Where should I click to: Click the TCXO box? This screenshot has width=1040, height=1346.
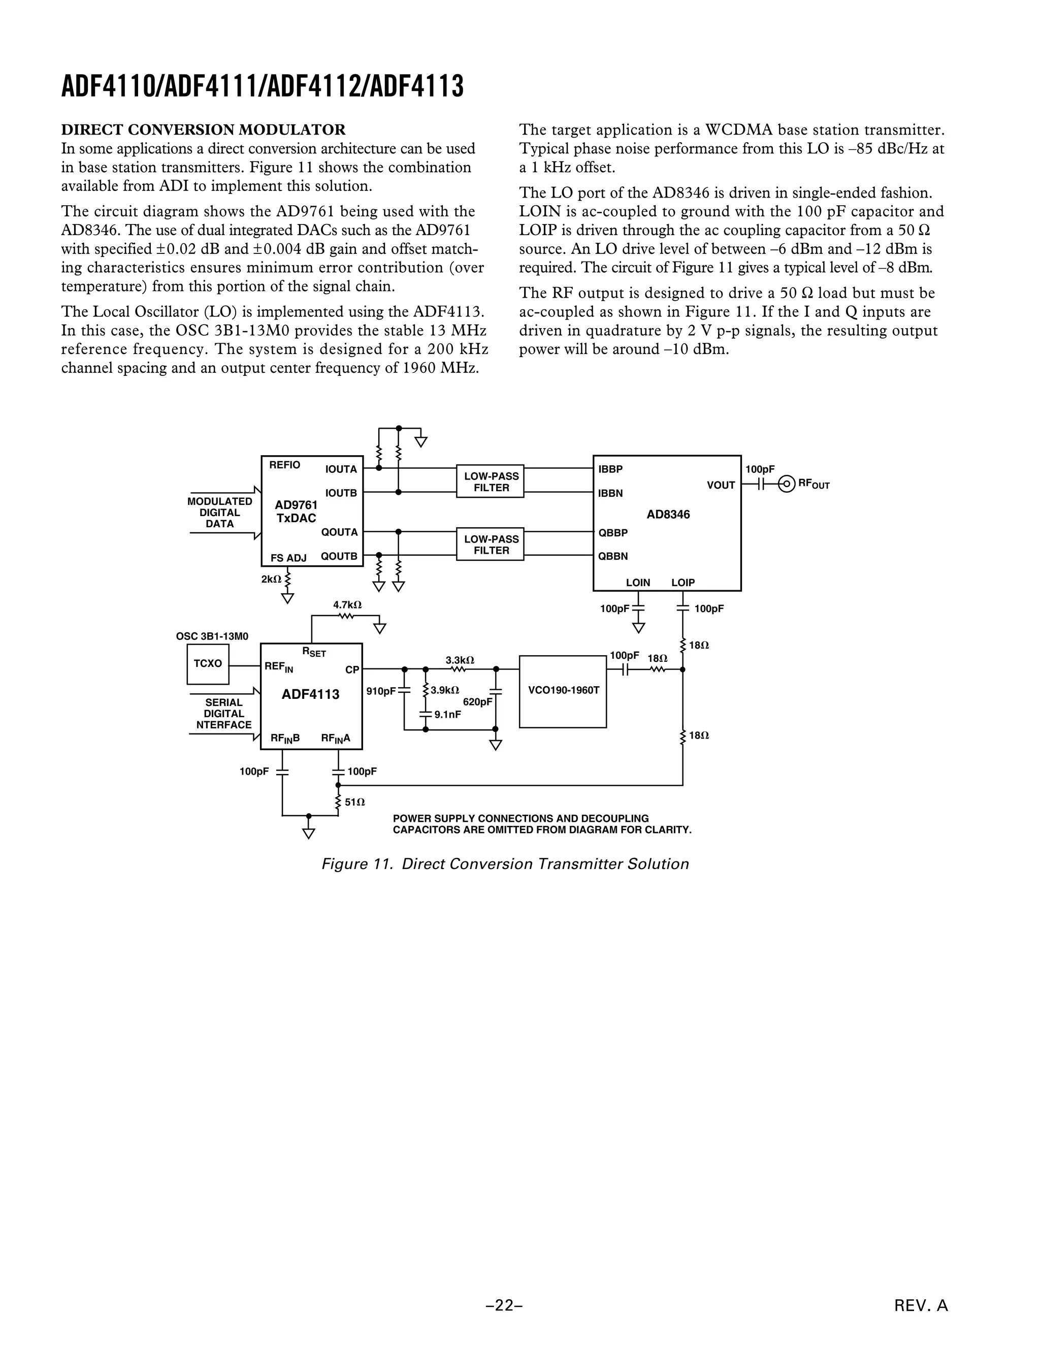tap(208, 664)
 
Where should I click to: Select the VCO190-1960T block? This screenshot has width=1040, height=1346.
tap(563, 691)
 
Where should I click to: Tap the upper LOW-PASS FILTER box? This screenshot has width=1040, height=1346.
tap(491, 482)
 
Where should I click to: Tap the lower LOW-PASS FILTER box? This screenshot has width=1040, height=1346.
tap(491, 544)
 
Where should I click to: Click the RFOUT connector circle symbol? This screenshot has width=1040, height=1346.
tap(786, 485)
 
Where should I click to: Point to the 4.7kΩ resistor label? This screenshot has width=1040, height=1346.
tap(347, 605)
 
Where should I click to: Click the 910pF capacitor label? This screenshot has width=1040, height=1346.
tap(381, 691)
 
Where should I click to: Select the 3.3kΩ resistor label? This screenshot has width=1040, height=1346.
tap(460, 661)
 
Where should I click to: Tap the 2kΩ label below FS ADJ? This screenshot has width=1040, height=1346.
tap(271, 580)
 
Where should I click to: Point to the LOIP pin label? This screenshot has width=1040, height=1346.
tap(682, 583)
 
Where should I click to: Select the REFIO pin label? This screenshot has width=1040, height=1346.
tap(285, 465)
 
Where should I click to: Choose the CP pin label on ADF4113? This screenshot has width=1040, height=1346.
tap(352, 670)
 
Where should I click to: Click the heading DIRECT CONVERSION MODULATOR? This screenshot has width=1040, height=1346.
tap(203, 130)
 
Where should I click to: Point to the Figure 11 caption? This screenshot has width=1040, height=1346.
tap(505, 864)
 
